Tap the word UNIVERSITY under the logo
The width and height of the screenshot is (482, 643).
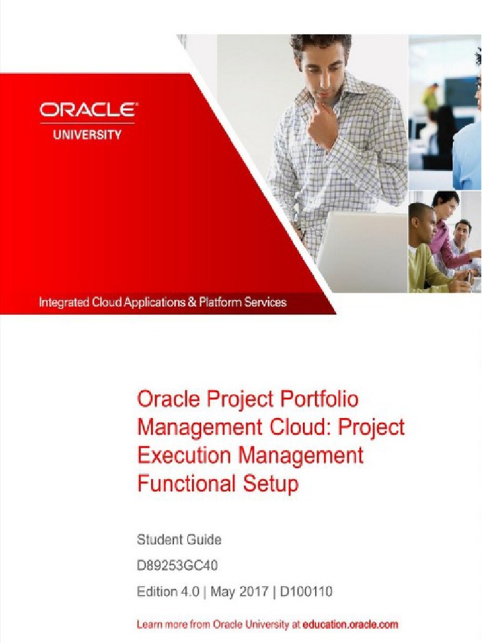87,134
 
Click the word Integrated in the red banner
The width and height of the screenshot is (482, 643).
63,302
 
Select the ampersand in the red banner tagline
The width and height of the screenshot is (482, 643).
191,302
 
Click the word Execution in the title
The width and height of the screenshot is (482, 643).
179,455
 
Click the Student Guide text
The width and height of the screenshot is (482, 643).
179,539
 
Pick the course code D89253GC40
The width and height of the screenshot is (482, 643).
178,565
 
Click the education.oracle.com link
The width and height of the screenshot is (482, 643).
350,625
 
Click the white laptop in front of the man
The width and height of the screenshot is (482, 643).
361,251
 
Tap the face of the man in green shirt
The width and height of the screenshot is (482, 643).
424,225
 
